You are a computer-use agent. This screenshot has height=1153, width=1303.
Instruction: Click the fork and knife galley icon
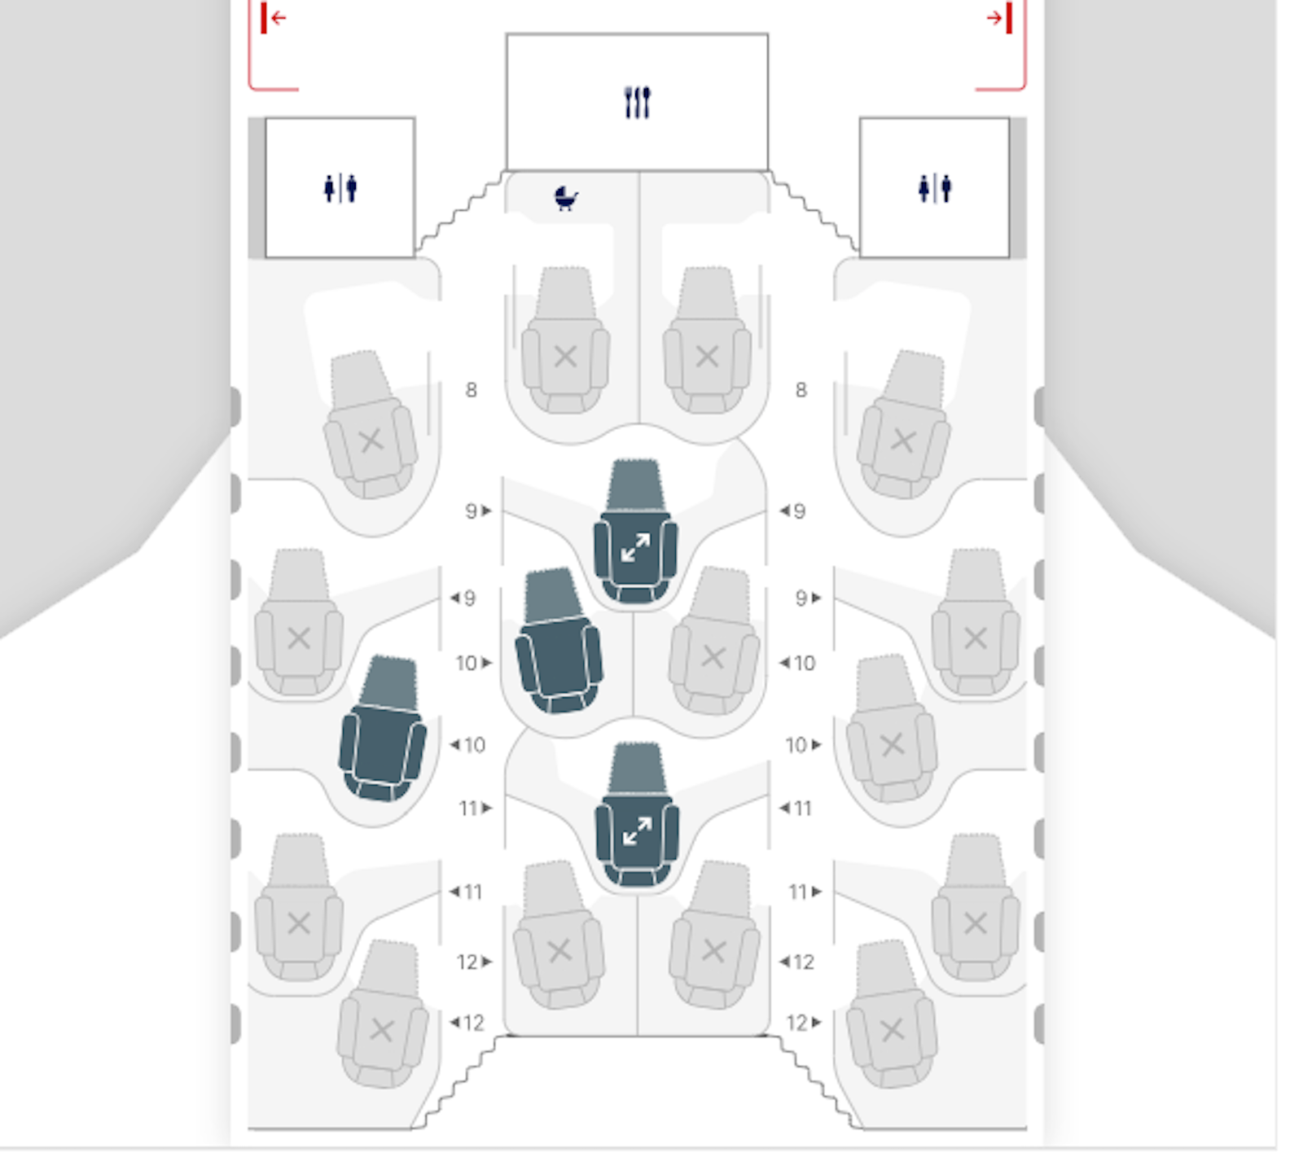(637, 103)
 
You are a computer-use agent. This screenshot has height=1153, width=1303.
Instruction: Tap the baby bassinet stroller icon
(566, 198)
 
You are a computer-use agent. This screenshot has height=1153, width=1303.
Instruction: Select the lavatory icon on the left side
(340, 188)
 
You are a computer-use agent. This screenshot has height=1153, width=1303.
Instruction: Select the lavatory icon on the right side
(934, 188)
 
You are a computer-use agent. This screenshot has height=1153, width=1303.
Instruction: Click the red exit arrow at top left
(274, 18)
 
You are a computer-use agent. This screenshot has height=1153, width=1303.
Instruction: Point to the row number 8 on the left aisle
(471, 390)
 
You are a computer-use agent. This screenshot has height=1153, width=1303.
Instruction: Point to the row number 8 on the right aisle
(801, 390)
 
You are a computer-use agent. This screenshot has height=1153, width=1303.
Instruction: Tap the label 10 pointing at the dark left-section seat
(468, 745)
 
